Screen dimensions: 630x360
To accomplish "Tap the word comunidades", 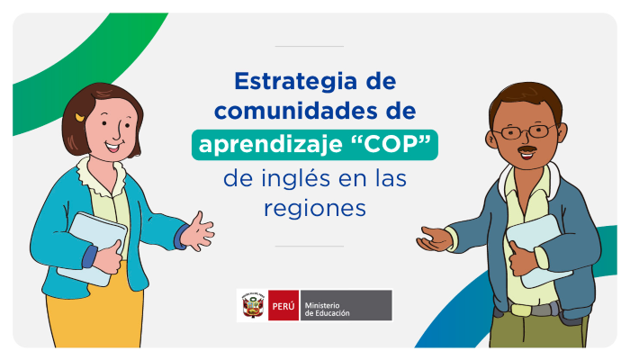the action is click(x=294, y=111).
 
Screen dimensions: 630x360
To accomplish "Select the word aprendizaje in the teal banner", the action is click(x=270, y=145).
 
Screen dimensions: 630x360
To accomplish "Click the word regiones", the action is click(x=315, y=209).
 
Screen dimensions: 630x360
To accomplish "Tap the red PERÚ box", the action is click(x=283, y=306).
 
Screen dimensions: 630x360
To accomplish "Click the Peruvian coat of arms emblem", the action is click(x=252, y=306).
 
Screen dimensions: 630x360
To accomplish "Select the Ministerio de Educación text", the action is click(x=327, y=310).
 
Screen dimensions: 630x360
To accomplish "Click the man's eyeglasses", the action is click(x=524, y=131).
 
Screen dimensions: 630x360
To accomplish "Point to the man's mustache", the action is click(x=527, y=149).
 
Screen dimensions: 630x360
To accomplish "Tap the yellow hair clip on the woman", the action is click(x=79, y=118).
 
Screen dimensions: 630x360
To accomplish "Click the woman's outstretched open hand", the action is click(x=197, y=232).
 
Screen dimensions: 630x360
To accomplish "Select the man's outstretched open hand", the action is click(x=435, y=238).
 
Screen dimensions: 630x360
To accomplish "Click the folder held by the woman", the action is click(x=93, y=248).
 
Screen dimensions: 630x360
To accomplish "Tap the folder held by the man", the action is click(x=538, y=251).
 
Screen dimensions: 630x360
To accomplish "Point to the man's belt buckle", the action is click(x=521, y=310).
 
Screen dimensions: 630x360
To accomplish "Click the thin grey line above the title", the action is click(x=309, y=46).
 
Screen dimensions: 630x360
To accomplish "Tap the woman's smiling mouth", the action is click(x=112, y=146).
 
